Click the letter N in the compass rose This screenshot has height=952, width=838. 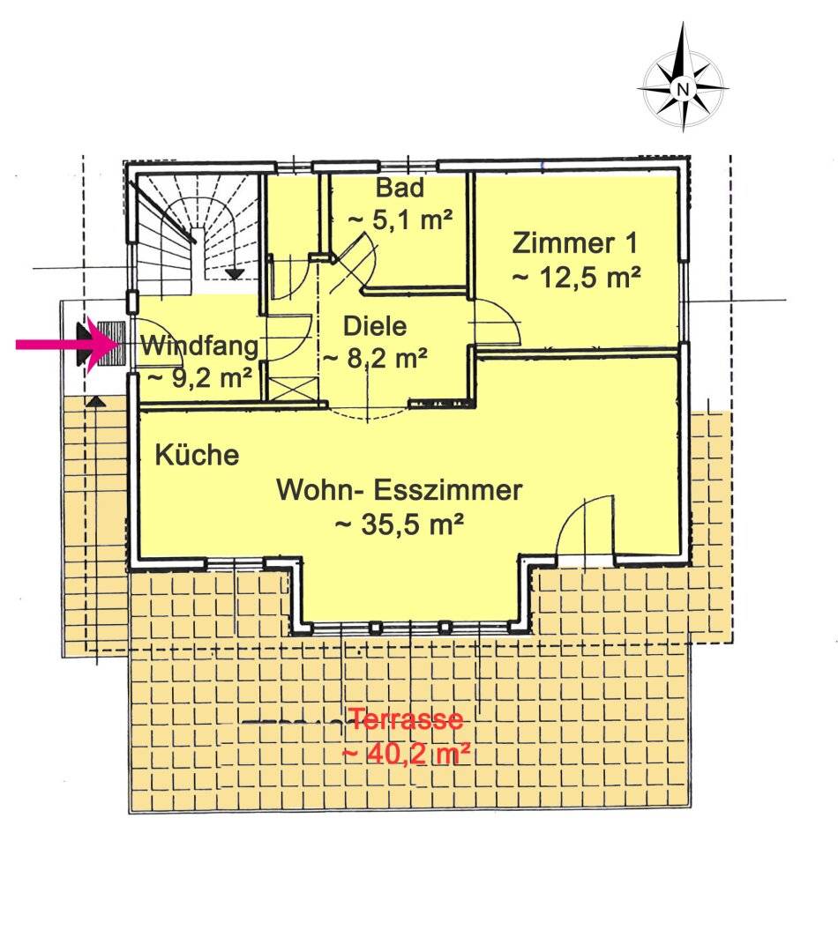point(683,89)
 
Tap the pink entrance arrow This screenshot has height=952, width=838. point(67,345)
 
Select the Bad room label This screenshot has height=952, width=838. point(400,188)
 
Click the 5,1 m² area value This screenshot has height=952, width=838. point(400,219)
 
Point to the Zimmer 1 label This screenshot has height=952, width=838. point(575,243)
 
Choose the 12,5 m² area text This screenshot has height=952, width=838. point(576,278)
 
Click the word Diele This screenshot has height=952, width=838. point(375,326)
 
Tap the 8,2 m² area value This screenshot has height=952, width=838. point(375,358)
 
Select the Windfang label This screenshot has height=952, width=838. point(200,346)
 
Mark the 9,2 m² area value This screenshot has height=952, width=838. point(200,378)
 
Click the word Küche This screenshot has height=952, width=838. point(197,455)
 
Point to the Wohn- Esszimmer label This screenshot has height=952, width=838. point(400,489)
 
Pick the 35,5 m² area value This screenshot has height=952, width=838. point(400,524)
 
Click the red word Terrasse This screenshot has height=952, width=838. point(406,719)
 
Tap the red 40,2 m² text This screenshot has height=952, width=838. point(406,755)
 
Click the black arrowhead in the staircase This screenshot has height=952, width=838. point(235,274)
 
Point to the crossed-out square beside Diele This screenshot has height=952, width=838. point(294,388)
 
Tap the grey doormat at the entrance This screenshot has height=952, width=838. point(111,344)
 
